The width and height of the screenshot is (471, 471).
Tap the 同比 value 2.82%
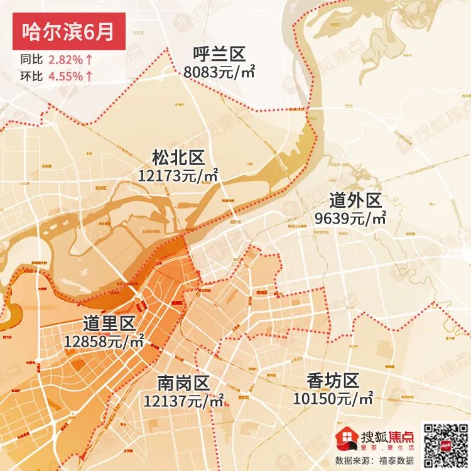65,61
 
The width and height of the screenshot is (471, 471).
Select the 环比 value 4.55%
65,77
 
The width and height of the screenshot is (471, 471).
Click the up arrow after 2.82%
90,61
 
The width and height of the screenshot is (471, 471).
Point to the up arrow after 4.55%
90,77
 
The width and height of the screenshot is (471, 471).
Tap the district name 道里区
109,324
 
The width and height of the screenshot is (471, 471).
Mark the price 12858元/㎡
104,341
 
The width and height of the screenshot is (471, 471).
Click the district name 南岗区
183,382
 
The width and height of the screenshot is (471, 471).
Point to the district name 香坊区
333,381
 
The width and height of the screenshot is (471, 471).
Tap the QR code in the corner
444,443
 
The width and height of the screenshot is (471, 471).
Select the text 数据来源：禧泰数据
374,460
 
